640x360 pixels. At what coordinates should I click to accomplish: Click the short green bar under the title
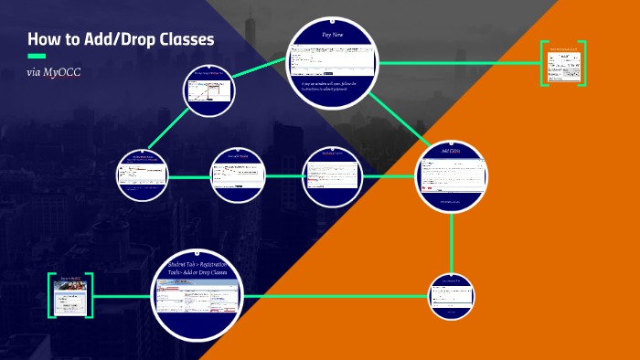[x=37, y=56]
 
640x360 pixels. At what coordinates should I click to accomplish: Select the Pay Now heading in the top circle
[x=333, y=34]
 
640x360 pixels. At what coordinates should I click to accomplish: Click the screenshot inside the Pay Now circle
[x=333, y=59]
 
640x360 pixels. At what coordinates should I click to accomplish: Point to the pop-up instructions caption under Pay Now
[x=333, y=86]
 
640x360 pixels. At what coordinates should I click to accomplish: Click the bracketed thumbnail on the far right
[x=563, y=64]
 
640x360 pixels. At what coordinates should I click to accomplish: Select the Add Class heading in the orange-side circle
[x=451, y=150]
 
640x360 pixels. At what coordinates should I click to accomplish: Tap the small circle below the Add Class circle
[x=452, y=295]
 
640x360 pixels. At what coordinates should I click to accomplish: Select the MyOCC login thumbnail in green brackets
[x=70, y=295]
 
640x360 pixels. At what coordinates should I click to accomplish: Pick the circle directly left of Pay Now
[x=209, y=92]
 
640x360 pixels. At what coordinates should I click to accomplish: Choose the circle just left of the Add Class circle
[x=332, y=174]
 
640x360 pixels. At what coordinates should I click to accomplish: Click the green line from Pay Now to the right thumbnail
[x=457, y=63]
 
